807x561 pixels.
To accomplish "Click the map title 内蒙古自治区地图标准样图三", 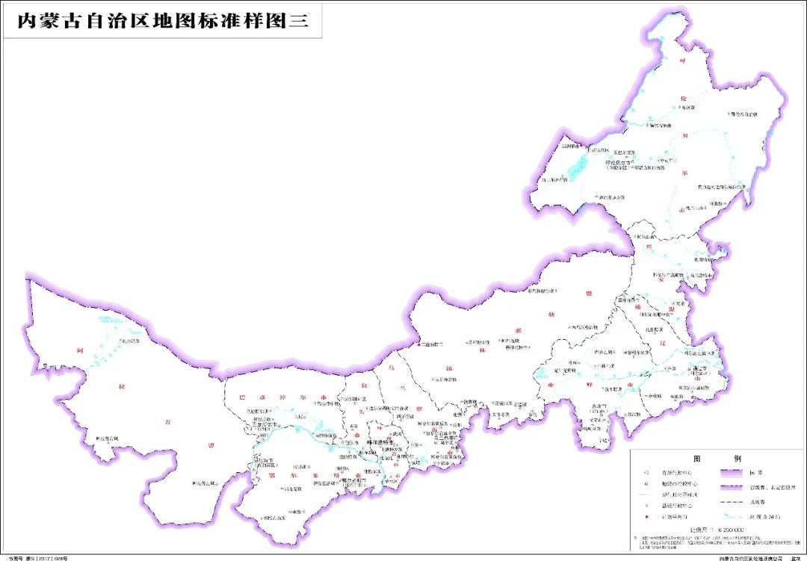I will tap(162, 21).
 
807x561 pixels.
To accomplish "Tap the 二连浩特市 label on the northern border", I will tap(431, 344).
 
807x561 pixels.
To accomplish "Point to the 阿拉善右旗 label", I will tap(108, 438).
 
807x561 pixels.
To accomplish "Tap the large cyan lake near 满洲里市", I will tap(576, 167).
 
